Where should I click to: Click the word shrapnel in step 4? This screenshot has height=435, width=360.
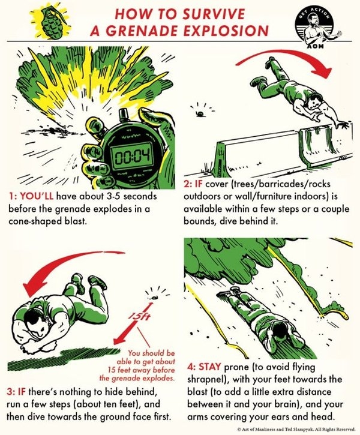pyautogui.click(x=206, y=379)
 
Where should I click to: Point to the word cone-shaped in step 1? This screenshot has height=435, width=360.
pyautogui.click(x=34, y=221)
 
